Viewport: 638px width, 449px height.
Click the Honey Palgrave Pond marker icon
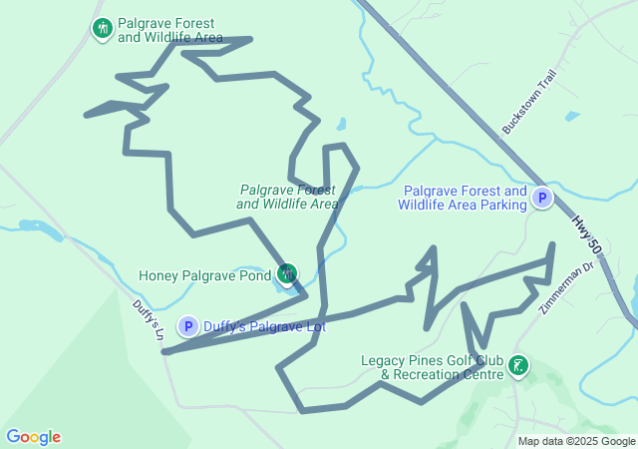pos(287,272)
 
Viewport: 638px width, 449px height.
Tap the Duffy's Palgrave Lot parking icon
pos(187,326)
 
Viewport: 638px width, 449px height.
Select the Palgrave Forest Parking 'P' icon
pos(541,199)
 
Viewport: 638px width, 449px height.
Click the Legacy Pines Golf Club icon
pos(518,365)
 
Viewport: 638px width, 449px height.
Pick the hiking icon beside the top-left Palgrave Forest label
pos(101,28)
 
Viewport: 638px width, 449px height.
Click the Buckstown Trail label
pos(528,101)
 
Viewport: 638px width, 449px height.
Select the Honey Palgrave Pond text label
pos(204,275)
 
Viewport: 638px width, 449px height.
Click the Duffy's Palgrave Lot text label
pos(264,325)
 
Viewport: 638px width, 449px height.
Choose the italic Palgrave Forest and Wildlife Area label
pos(288,197)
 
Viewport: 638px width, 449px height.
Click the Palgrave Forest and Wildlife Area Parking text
pos(462,199)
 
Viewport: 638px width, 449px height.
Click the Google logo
pos(34,437)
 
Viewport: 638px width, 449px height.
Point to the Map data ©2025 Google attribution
pos(576,441)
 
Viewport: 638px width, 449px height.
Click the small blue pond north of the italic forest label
pos(341,126)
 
